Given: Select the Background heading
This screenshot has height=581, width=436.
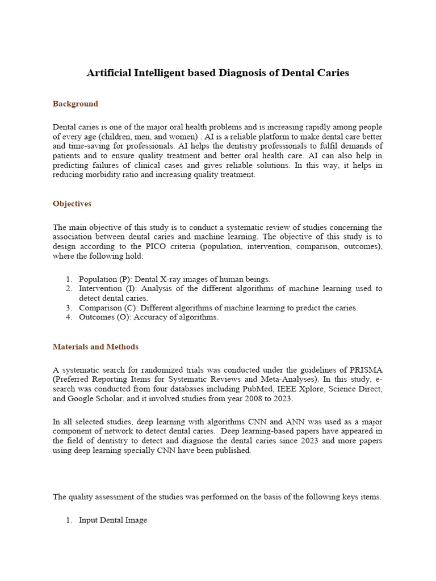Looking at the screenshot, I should [76, 104].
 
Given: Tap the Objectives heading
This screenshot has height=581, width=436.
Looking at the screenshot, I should [72, 204].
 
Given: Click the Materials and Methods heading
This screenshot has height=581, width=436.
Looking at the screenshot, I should [95, 347].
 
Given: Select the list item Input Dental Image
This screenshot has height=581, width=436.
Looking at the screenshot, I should [113, 520].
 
